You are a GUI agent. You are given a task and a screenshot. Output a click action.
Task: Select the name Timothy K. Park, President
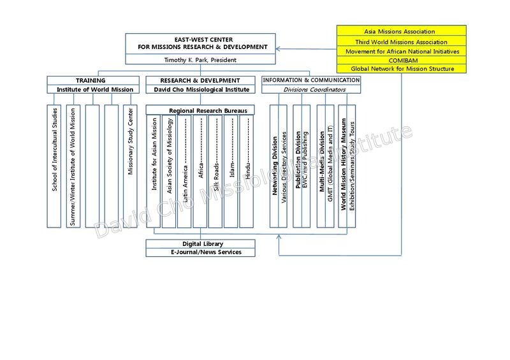[x=200, y=60]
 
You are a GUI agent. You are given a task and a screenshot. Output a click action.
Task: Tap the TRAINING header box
[x=93, y=80]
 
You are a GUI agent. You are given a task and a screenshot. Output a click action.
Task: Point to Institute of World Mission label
[x=95, y=89]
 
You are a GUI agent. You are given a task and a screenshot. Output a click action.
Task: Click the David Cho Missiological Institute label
[x=201, y=89]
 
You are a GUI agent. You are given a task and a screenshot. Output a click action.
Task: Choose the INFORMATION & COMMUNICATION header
[x=311, y=80]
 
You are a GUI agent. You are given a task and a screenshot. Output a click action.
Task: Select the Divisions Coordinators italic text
[x=314, y=89]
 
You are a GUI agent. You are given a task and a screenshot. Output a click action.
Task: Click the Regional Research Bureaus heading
[x=208, y=111]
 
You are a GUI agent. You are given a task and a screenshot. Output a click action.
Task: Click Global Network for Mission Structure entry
[x=402, y=69]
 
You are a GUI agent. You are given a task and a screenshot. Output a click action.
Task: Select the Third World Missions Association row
[x=402, y=41]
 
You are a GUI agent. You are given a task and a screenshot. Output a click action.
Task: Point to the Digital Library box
[x=200, y=244]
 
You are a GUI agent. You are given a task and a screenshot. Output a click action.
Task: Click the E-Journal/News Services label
[x=206, y=252]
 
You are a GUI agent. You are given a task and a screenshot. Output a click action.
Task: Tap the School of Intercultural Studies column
[x=54, y=166]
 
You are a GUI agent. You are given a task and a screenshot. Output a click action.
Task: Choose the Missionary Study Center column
[x=131, y=166]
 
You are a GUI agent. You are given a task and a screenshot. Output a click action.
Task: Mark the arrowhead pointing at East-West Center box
[x=278, y=49]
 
